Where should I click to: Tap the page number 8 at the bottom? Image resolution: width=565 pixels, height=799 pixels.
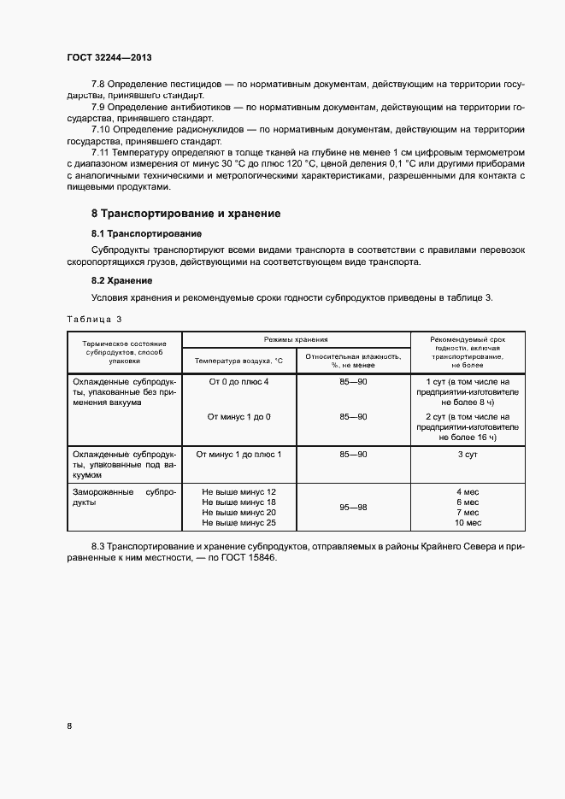pyautogui.click(x=69, y=726)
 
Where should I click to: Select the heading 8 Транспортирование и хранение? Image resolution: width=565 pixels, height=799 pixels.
pyautogui.click(x=185, y=213)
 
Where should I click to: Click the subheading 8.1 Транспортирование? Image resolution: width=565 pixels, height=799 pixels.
pyautogui.click(x=146, y=232)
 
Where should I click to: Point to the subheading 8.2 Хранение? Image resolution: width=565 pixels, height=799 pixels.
pyautogui.click(x=121, y=280)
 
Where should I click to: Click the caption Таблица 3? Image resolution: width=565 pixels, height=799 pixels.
pyautogui.click(x=94, y=319)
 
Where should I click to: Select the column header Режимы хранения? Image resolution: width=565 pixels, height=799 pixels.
pyautogui.click(x=295, y=339)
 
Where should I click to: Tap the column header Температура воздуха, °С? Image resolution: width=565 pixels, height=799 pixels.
pyautogui.click(x=238, y=361)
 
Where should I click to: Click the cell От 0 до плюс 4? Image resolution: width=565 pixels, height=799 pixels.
pyautogui.click(x=238, y=381)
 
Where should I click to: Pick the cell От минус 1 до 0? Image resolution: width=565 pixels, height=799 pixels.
pyautogui.click(x=238, y=416)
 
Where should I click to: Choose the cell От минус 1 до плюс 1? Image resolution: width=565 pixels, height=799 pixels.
pyautogui.click(x=238, y=455)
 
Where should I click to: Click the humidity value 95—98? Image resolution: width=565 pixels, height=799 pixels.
pyautogui.click(x=353, y=508)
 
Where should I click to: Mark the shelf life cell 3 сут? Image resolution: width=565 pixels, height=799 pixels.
pyautogui.click(x=467, y=455)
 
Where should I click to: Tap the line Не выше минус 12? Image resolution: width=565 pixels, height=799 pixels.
pyautogui.click(x=238, y=492)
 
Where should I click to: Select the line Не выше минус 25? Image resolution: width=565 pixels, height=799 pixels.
pyautogui.click(x=238, y=522)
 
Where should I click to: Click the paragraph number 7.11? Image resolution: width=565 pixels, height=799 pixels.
pyautogui.click(x=103, y=151)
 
